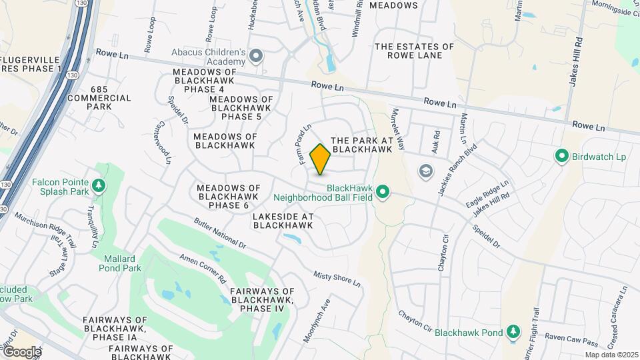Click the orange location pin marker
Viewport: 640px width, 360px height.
click(321, 159)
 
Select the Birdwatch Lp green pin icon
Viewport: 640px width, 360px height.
click(561, 157)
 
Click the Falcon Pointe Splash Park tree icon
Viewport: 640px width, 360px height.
click(99, 185)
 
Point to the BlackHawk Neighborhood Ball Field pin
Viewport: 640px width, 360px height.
click(383, 193)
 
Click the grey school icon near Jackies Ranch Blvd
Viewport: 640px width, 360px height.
click(425, 172)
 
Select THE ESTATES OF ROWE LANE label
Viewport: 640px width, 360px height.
click(414, 51)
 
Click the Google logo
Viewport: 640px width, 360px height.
click(21, 352)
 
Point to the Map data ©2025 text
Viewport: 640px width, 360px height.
click(611, 355)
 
